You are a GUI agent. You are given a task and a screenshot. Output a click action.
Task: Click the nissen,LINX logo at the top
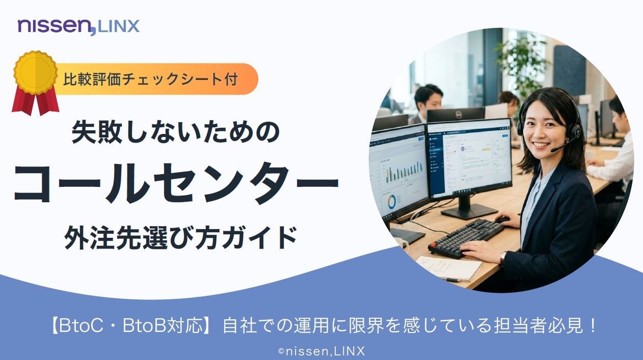[78, 27]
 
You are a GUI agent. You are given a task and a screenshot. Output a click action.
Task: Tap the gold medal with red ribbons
[35, 82]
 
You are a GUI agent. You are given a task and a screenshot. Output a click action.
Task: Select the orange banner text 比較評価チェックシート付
[150, 79]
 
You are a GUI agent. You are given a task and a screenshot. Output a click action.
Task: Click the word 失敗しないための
[175, 132]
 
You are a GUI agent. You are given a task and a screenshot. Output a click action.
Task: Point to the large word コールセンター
[176, 183]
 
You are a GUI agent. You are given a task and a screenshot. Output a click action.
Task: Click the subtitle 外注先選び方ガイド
[180, 237]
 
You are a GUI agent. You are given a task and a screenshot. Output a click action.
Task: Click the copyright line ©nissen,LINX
[321, 351]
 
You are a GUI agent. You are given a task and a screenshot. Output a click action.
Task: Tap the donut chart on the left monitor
[391, 202]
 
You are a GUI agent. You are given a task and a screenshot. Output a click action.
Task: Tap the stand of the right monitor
[467, 208]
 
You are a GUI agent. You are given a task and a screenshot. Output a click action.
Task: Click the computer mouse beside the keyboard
[502, 220]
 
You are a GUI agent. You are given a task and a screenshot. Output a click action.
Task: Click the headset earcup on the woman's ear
[574, 132]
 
